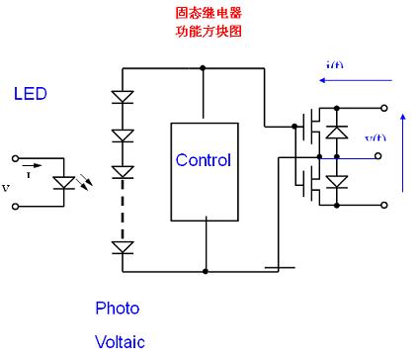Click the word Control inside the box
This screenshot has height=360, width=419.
203,160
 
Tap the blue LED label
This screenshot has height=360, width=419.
30,94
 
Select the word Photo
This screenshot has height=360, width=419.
117,308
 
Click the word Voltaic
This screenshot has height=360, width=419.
120,342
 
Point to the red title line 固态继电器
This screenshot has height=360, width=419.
208,14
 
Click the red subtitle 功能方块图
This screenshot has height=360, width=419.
208,31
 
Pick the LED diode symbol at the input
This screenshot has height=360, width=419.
66,183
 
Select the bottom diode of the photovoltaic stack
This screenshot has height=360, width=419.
123,247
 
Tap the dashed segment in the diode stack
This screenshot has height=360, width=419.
123,212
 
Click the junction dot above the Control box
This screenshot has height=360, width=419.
203,67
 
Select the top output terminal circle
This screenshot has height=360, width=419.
383,107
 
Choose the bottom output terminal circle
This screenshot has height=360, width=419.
383,206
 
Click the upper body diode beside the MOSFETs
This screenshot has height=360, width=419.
336,131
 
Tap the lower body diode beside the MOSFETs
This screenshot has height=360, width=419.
336,181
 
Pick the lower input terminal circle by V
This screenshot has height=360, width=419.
15,207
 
